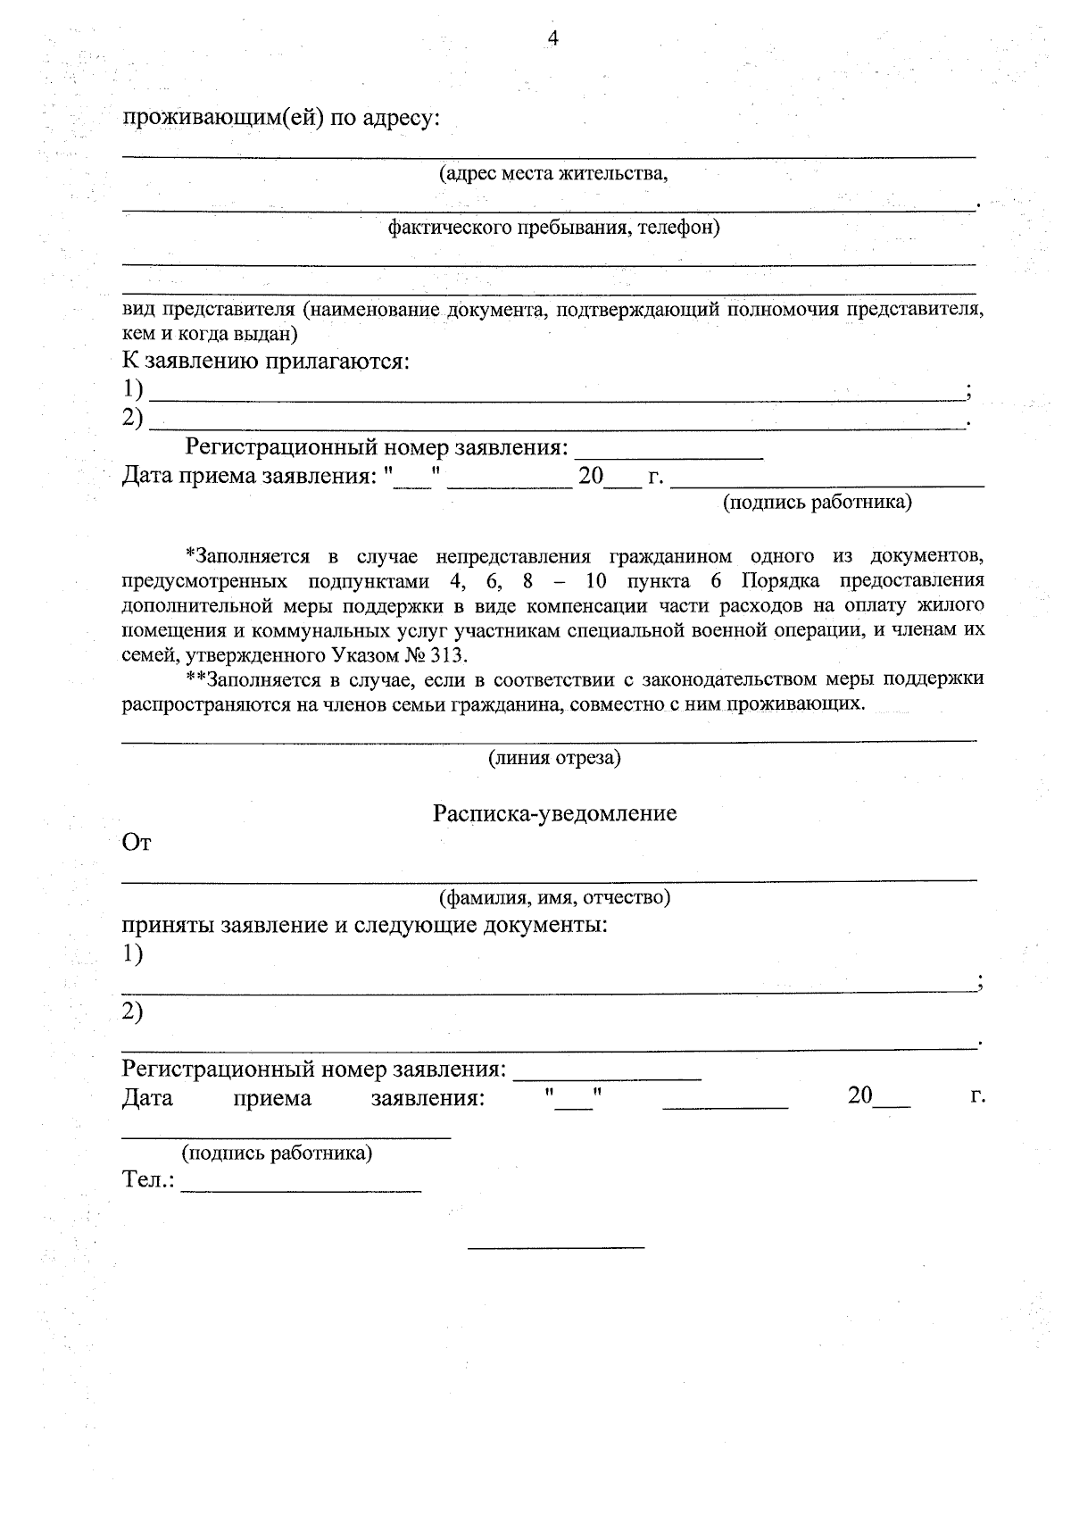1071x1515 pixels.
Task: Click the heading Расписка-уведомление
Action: click(x=554, y=813)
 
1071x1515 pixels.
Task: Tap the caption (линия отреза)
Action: click(x=553, y=759)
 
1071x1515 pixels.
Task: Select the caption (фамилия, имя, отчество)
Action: click(x=553, y=896)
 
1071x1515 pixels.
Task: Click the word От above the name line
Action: click(x=137, y=843)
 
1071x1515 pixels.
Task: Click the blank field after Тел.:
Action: click(x=301, y=1182)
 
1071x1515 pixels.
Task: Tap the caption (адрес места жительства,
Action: click(x=552, y=173)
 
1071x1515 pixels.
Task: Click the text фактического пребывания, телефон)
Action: click(x=553, y=228)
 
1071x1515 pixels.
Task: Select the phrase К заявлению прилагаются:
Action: click(x=266, y=362)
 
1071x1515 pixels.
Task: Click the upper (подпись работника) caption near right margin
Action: click(x=817, y=503)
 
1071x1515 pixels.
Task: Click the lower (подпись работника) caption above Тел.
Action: click(x=277, y=1153)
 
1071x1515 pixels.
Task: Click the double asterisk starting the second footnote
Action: click(x=193, y=678)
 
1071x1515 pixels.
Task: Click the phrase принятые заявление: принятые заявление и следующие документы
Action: click(x=364, y=924)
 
